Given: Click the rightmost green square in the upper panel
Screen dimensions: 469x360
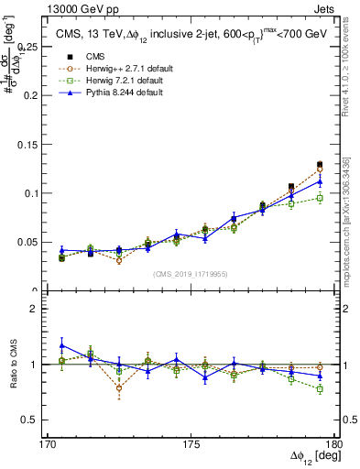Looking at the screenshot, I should (x=320, y=198).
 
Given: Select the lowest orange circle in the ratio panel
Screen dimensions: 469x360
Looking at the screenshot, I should (x=119, y=388).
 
